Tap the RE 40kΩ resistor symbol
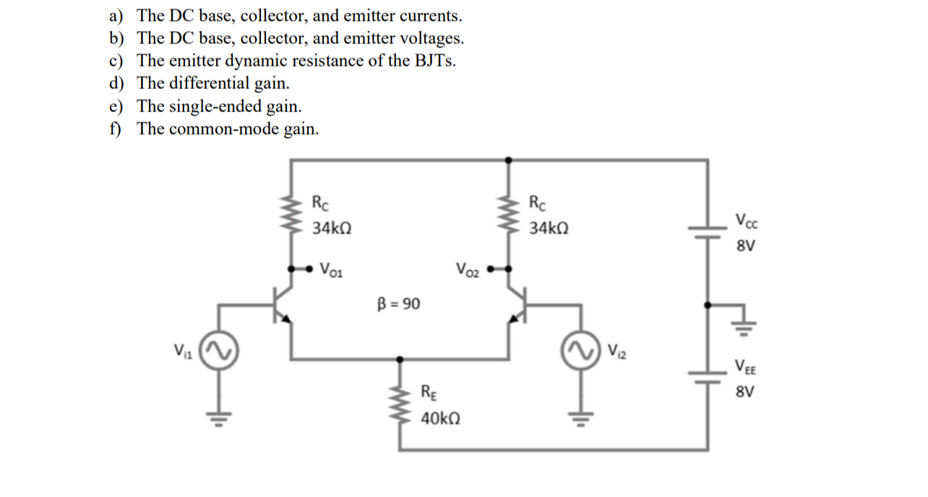pyautogui.click(x=400, y=404)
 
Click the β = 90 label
pyautogui.click(x=398, y=303)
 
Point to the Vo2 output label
pyautogui.click(x=468, y=270)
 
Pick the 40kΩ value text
pyautogui.click(x=442, y=419)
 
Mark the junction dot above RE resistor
pyautogui.click(x=400, y=358)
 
